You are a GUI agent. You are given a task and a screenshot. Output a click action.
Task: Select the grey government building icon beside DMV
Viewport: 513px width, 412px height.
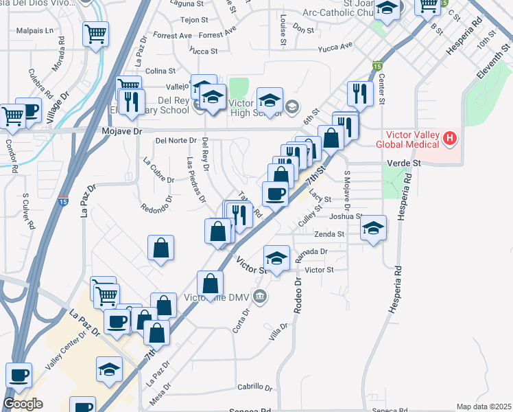[260, 297]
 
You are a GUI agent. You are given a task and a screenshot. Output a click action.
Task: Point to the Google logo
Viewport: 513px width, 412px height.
[23, 404]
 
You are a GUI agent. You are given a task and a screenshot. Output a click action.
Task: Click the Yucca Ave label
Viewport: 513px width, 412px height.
[336, 47]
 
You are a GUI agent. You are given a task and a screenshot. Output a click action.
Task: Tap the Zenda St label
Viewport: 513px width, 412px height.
[329, 234]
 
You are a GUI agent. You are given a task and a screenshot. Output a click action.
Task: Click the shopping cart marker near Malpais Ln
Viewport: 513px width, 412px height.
[95, 33]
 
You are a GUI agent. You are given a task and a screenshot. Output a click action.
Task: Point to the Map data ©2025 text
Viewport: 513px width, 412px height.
[483, 407]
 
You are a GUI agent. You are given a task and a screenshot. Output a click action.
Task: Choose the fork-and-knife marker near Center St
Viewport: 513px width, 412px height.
[360, 93]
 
